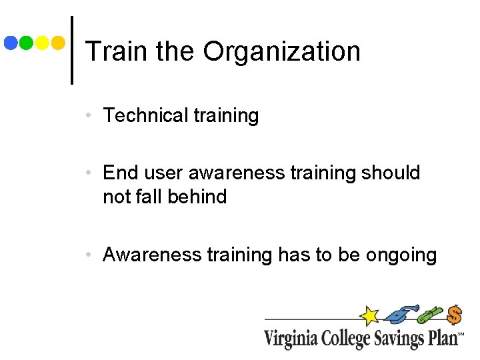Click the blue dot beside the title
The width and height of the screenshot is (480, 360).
point(11,43)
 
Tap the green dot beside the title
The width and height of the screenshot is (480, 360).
point(27,43)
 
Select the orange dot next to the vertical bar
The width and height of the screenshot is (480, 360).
point(58,43)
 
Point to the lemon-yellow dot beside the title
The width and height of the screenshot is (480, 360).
point(42,43)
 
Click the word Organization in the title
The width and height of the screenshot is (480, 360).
point(281,52)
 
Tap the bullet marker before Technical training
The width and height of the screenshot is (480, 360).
point(89,116)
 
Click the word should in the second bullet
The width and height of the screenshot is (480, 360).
point(391,173)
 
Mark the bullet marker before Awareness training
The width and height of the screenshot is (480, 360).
point(89,255)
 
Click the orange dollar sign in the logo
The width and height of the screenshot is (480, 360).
point(455,315)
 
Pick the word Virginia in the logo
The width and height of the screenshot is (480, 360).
point(291,337)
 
